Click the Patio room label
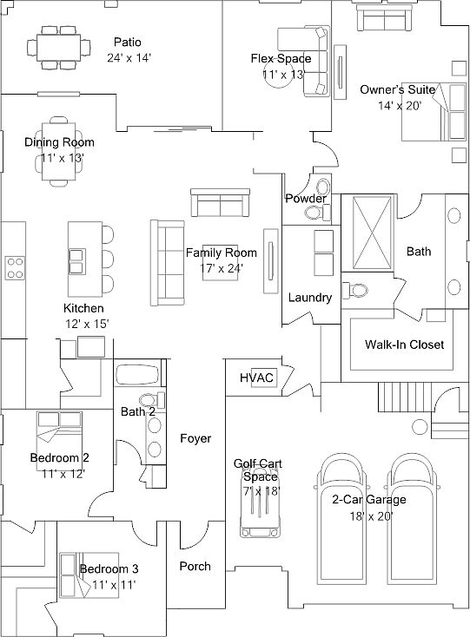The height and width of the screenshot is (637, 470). click(128, 43)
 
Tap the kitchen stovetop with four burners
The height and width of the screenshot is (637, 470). click(15, 268)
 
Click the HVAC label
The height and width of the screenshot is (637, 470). click(256, 378)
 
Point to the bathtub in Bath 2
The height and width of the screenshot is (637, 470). click(137, 375)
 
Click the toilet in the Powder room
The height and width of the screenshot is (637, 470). click(318, 213)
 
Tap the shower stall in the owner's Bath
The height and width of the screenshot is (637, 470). click(372, 233)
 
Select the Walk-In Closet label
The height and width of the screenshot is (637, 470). click(404, 345)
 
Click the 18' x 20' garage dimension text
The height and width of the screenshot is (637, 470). click(371, 516)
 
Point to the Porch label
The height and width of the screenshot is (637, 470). click(195, 566)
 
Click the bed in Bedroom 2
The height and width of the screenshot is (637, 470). click(59, 441)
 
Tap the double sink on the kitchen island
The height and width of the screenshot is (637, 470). click(76, 261)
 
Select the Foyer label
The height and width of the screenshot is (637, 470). click(195, 438)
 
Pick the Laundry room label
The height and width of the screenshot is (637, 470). click(310, 298)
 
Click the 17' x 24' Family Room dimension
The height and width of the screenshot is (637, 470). click(222, 268)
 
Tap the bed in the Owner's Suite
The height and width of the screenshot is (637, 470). click(434, 112)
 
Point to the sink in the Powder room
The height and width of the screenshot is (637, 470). click(323, 187)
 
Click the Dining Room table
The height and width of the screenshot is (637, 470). click(59, 151)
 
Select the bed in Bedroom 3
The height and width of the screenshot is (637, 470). click(89, 575)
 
